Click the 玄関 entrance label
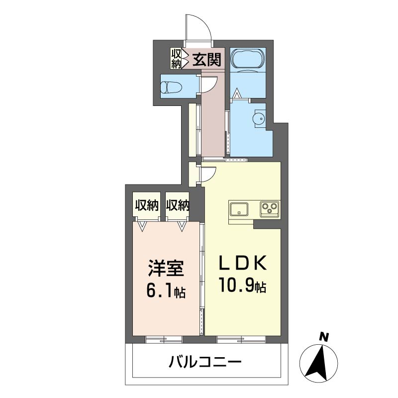206,60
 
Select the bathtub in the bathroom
248,58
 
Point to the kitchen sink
239,209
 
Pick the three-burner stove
269,208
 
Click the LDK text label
243,263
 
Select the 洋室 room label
166,269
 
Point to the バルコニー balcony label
205,362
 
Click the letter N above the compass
324,337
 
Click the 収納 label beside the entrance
176,59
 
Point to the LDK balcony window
241,339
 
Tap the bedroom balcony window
164,339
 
